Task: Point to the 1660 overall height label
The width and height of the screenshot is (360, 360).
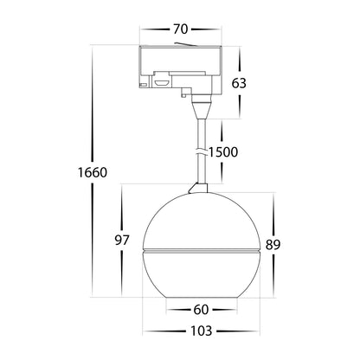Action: (90, 172)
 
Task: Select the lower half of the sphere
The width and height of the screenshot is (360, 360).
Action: (199, 273)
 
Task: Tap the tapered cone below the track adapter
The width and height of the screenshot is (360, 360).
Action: (202, 109)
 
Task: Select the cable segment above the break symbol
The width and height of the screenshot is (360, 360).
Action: (202, 134)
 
